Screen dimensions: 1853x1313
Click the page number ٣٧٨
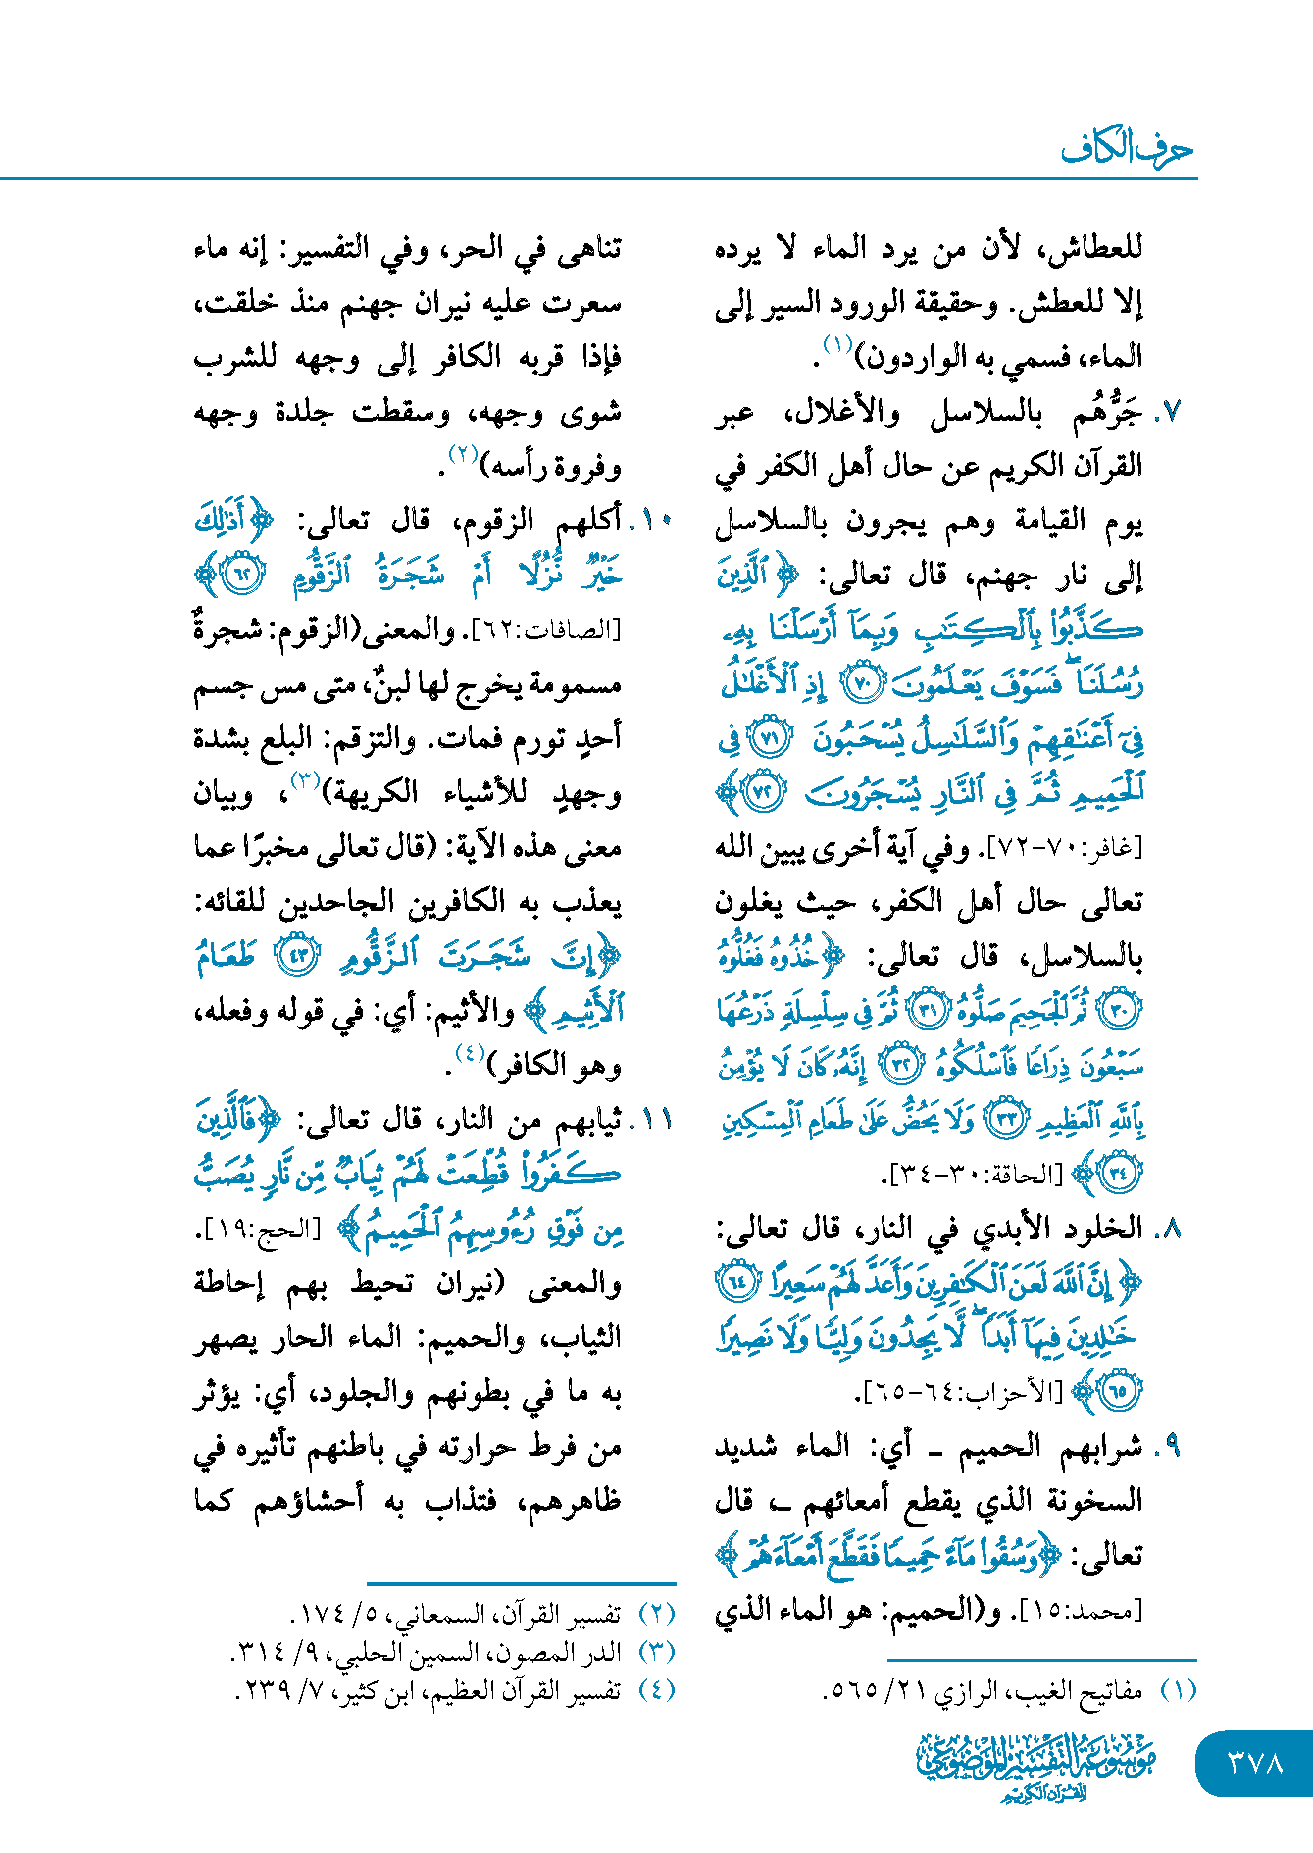click(x=1254, y=1763)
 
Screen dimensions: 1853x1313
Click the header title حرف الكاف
click(x=1127, y=149)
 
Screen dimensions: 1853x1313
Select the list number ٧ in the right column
click(x=1169, y=414)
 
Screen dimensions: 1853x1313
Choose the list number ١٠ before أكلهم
click(x=656, y=522)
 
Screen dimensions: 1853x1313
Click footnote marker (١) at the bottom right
click(x=1178, y=1691)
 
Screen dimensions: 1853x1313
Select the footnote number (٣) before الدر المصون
click(x=656, y=1652)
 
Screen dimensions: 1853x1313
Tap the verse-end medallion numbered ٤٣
click(x=296, y=956)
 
